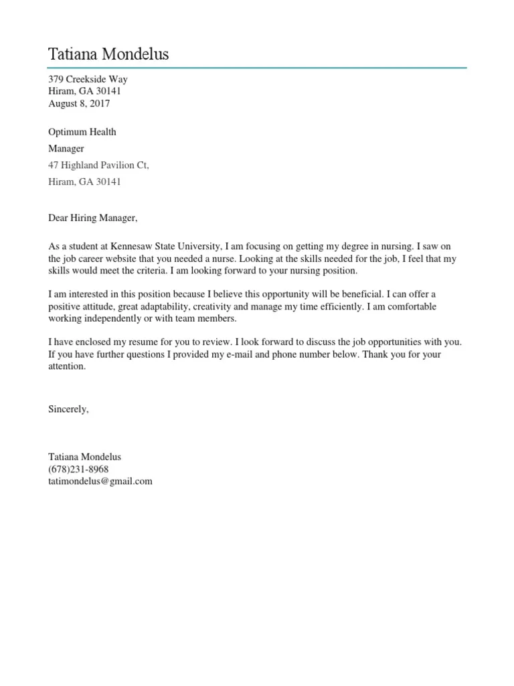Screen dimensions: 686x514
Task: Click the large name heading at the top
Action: (x=108, y=54)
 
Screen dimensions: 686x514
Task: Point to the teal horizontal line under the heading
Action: (x=257, y=68)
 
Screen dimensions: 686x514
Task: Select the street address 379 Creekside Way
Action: (x=88, y=79)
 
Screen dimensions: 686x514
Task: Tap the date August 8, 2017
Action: (x=79, y=104)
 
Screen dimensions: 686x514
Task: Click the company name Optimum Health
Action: (x=82, y=132)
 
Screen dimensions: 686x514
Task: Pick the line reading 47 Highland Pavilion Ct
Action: (x=98, y=165)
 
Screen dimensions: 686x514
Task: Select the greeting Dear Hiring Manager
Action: (x=92, y=218)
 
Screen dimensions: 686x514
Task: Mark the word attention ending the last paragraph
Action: (x=67, y=366)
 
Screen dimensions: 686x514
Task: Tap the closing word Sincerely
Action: (x=68, y=409)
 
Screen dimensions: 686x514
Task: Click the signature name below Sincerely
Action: (x=84, y=457)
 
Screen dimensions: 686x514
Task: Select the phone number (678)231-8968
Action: (x=78, y=469)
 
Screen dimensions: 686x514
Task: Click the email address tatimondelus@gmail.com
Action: (x=100, y=481)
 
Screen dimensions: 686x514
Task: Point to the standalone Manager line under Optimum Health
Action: (x=66, y=149)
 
